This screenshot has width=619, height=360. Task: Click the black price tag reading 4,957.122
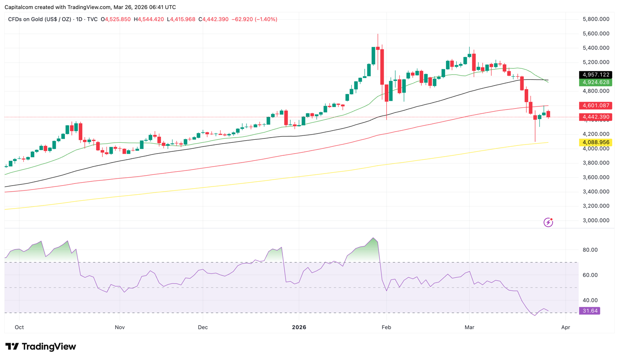click(595, 74)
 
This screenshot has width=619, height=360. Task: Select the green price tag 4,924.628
click(595, 82)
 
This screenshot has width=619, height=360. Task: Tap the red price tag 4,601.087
click(595, 105)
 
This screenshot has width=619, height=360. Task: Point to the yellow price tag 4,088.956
click(595, 142)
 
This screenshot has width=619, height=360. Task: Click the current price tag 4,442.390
click(595, 117)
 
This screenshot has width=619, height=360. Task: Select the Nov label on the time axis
click(120, 327)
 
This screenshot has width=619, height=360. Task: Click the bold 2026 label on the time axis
click(299, 327)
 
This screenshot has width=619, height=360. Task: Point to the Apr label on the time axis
click(565, 327)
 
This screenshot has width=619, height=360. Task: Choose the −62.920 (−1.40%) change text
click(254, 19)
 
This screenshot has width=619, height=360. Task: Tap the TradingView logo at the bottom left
click(41, 347)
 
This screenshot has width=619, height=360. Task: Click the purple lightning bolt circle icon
click(548, 222)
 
